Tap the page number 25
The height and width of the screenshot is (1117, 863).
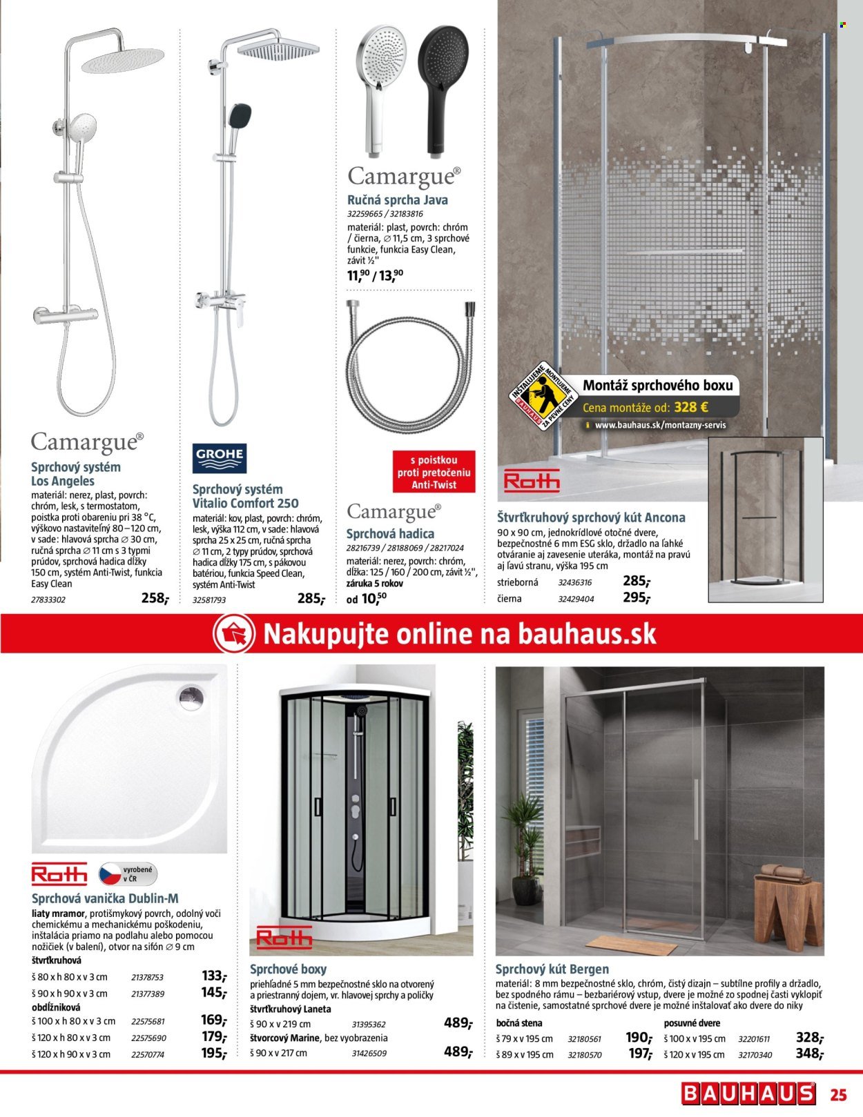pos(838,1094)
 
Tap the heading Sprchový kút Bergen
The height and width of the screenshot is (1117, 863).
pos(552,969)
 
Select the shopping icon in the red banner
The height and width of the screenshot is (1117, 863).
pos(234,634)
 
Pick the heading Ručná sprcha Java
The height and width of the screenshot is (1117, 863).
pos(397,200)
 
